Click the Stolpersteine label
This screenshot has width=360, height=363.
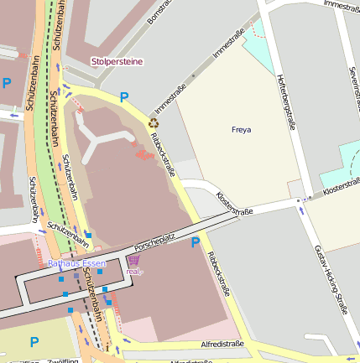(117, 61)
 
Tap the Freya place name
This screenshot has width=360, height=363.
(241, 130)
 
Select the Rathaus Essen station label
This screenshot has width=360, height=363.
(77, 263)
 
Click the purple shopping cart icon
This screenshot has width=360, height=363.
(133, 261)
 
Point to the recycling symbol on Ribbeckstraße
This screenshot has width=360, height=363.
(154, 122)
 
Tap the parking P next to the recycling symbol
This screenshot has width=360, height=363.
(125, 98)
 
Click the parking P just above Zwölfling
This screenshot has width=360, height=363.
(34, 341)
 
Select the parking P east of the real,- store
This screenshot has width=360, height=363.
(196, 243)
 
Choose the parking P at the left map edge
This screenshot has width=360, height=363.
(7, 83)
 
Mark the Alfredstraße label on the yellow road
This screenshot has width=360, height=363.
(222, 343)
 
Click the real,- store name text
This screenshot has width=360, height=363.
(133, 272)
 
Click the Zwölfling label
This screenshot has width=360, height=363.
(63, 360)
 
